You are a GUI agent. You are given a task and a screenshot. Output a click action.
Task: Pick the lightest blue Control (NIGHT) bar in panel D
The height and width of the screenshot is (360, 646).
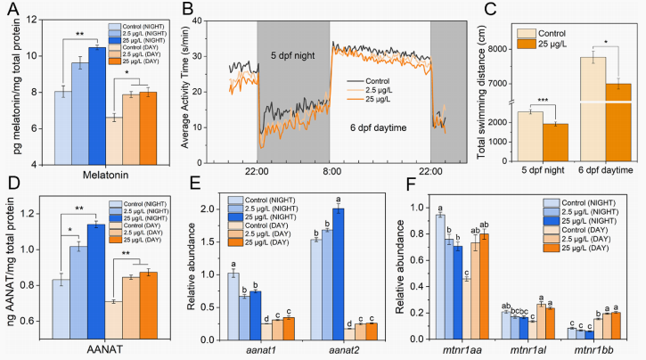point(61,310)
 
